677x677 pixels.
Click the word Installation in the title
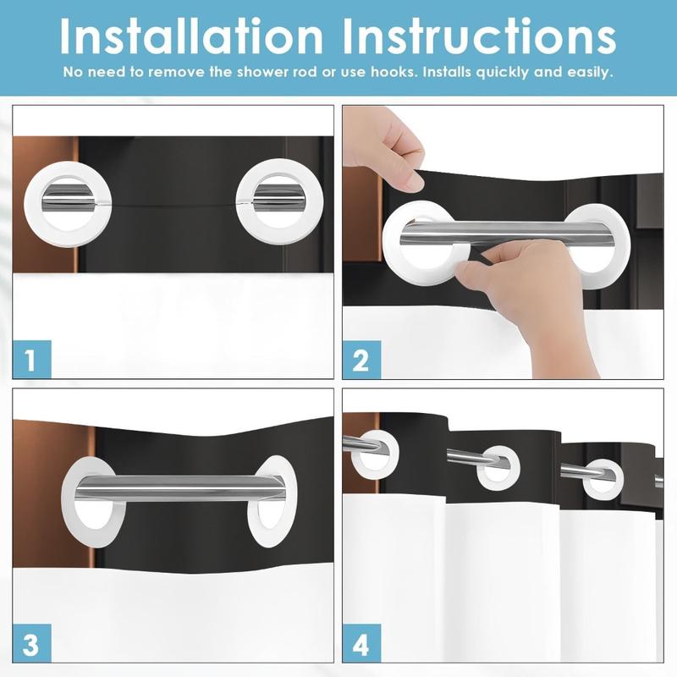point(191,36)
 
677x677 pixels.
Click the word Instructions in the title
point(479,36)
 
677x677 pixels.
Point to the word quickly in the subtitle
point(502,73)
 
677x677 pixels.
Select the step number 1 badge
point(32,359)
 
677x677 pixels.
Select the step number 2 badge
point(361,360)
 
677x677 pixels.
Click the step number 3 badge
point(32,643)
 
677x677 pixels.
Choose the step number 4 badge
point(361,643)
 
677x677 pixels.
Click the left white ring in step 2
point(391,246)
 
